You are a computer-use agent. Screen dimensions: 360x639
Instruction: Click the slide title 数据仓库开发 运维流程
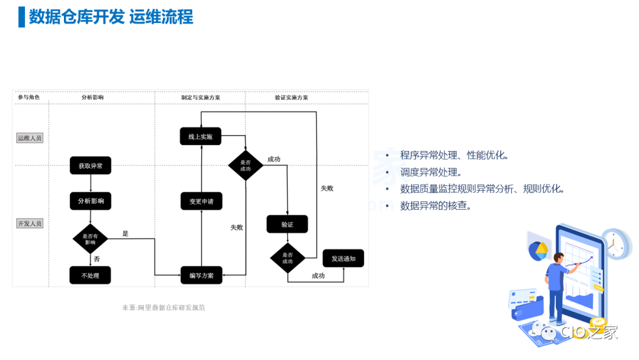coord(111,17)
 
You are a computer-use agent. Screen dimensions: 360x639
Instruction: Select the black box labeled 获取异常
coord(91,166)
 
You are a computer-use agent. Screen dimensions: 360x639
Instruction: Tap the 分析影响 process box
coord(91,201)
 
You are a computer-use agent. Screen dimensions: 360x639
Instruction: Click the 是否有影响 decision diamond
coord(90,239)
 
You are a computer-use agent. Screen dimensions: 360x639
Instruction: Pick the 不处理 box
coord(91,275)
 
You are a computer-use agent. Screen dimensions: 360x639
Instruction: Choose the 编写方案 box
coord(201,275)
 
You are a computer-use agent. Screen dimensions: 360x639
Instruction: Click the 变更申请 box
coord(201,201)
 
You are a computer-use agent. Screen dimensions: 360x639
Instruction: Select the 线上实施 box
coord(201,137)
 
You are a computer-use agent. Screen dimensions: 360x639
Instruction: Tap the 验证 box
coord(287,224)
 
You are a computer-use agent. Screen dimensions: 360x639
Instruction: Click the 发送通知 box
coord(343,259)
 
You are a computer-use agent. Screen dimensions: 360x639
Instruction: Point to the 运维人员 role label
coord(30,138)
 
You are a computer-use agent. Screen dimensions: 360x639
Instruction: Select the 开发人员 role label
coord(30,224)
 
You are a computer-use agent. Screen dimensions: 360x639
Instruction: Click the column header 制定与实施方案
coord(201,97)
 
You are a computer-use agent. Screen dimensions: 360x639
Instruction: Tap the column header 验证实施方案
coord(291,97)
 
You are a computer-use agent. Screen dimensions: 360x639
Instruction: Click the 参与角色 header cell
coord(29,97)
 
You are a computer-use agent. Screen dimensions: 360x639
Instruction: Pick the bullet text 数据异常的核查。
coord(436,206)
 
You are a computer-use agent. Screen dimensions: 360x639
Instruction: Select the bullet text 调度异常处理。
coord(431,172)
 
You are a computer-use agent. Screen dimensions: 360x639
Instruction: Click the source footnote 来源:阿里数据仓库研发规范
coord(163,308)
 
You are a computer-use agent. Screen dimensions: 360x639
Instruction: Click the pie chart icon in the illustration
coord(538,250)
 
